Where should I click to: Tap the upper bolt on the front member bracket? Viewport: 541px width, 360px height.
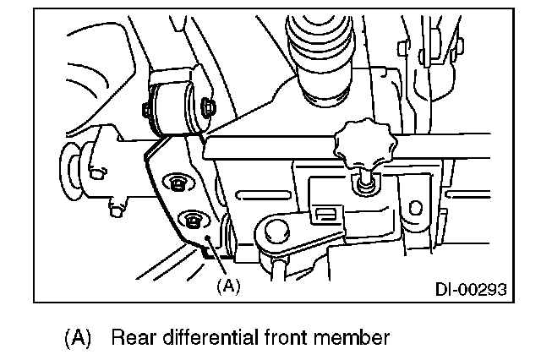click(x=178, y=182)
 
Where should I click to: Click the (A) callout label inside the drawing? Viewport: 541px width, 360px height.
click(x=228, y=286)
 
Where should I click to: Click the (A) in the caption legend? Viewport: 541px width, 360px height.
click(x=77, y=339)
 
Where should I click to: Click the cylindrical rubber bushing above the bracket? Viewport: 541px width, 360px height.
click(x=178, y=106)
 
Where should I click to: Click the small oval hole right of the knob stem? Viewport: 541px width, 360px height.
click(x=415, y=206)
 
